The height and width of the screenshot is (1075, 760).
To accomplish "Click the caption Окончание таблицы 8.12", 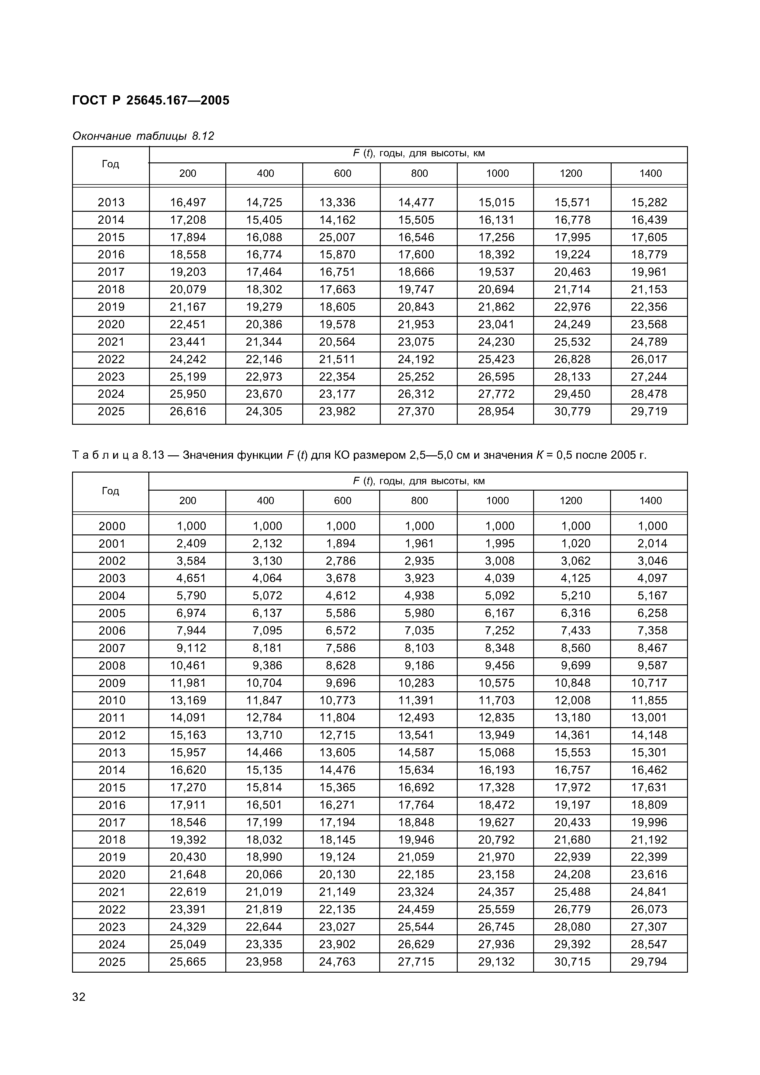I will (x=143, y=136).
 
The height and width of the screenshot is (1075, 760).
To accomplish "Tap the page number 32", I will (x=79, y=997).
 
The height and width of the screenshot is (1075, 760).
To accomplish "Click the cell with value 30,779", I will (x=572, y=412).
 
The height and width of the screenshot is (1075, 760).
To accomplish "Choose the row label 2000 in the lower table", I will (x=112, y=526).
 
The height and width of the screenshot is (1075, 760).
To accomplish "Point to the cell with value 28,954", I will (x=496, y=412).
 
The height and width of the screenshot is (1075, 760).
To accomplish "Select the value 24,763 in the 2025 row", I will (x=337, y=962).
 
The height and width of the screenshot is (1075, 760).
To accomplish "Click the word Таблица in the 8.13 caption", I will (x=105, y=455).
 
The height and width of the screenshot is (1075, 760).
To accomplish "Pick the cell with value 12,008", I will (x=572, y=701).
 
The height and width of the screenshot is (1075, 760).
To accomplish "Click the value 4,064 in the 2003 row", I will (x=267, y=578).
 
